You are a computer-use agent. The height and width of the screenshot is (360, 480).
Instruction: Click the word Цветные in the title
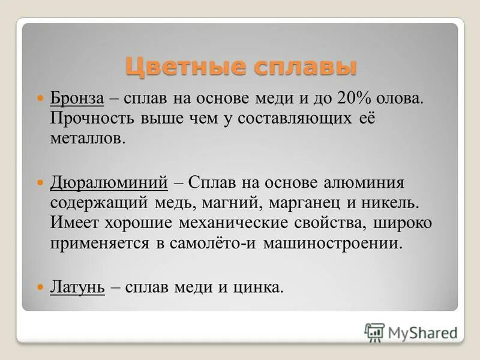pyautogui.click(x=175, y=65)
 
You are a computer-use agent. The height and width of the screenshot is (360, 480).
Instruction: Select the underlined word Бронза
pyautogui.click(x=77, y=98)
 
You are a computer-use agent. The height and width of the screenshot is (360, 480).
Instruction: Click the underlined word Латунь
pyautogui.click(x=77, y=287)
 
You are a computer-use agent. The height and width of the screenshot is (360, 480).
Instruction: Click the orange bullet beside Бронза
pyautogui.click(x=41, y=97)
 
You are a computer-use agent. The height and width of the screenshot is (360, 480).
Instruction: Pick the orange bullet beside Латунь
pyautogui.click(x=41, y=287)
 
